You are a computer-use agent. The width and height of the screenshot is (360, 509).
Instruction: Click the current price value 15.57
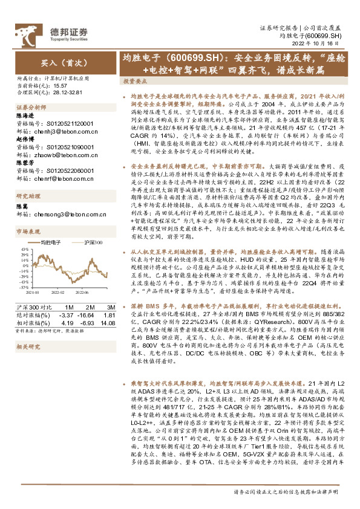pos(59,85)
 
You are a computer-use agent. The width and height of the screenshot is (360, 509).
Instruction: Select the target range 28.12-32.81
pos(64,92)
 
